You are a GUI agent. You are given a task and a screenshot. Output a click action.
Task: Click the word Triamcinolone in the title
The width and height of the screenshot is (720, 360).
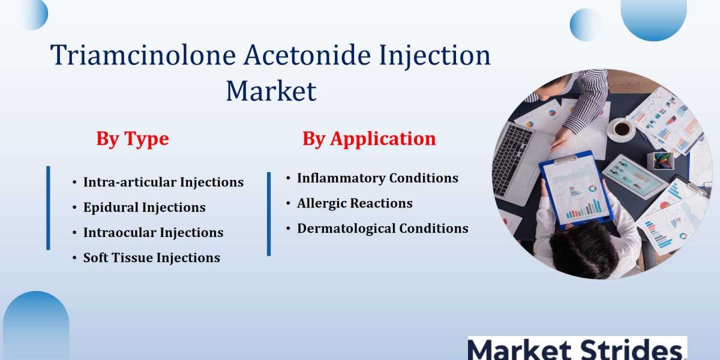[143, 55]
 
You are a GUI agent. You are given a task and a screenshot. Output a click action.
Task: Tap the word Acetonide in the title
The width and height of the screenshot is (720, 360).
[307, 55]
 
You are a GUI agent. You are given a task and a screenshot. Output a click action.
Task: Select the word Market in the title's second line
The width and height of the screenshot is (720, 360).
[271, 91]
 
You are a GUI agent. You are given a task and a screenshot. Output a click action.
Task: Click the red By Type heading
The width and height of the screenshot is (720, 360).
[133, 139]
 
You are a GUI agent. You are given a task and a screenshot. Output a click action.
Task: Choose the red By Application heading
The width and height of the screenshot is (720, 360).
[369, 139]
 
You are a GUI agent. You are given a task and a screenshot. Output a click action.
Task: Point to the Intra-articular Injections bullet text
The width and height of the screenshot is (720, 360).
[164, 182]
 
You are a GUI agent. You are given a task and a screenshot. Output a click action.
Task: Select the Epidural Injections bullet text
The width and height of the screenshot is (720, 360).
[145, 208]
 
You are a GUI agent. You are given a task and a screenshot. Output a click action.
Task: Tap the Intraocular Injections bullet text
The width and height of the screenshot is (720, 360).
[154, 233]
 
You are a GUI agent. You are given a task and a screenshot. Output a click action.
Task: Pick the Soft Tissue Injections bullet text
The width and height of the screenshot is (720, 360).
[152, 258]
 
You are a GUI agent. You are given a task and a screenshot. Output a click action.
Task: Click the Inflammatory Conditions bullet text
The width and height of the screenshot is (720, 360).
[377, 178]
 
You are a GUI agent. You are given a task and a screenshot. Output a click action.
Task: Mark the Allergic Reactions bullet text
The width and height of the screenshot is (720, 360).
[355, 203]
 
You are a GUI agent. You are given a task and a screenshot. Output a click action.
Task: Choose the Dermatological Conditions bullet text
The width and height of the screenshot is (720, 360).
[383, 229]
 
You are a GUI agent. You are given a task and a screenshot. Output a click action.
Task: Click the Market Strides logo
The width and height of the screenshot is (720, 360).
[577, 349]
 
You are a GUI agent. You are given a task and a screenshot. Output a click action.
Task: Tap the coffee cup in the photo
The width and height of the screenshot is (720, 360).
[622, 129]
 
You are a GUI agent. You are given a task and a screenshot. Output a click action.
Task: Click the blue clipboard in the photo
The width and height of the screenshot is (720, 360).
[576, 190]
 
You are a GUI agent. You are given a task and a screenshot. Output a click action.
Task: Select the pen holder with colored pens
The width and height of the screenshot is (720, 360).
[662, 161]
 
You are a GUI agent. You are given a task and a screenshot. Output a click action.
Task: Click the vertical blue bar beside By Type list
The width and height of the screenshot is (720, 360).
[48, 208]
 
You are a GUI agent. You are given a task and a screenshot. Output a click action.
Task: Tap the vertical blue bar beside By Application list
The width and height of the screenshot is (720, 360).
[269, 214]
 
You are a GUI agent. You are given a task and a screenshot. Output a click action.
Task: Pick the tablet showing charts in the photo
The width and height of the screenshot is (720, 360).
[634, 177]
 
